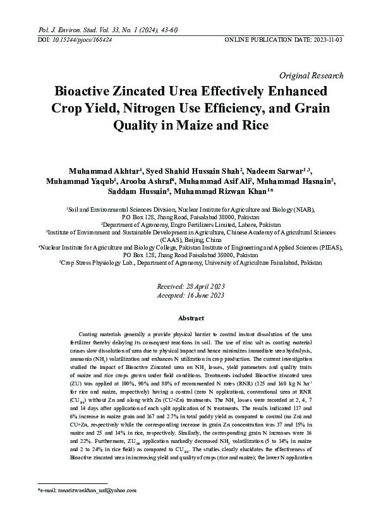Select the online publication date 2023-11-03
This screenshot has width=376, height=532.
click(x=324, y=39)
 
